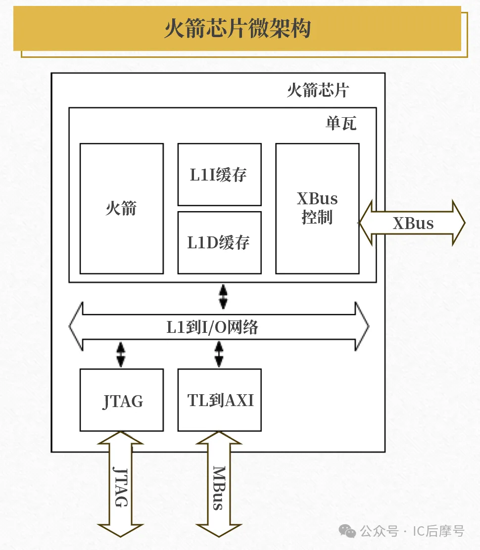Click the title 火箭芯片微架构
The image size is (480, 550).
(238, 29)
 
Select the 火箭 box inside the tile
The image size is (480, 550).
(121, 208)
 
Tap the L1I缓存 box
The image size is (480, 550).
(219, 175)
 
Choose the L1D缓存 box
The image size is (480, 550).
(219, 242)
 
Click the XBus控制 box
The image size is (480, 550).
(317, 208)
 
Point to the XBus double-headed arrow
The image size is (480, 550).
(413, 223)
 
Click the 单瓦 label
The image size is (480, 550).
(340, 123)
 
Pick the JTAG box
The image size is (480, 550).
(122, 400)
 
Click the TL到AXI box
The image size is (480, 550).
(219, 400)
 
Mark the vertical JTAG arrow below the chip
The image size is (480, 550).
(121, 485)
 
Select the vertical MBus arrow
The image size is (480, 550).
(219, 485)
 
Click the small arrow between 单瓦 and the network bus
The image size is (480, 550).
(223, 296)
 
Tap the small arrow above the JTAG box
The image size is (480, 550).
(121, 354)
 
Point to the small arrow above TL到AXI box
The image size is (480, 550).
(219, 354)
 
